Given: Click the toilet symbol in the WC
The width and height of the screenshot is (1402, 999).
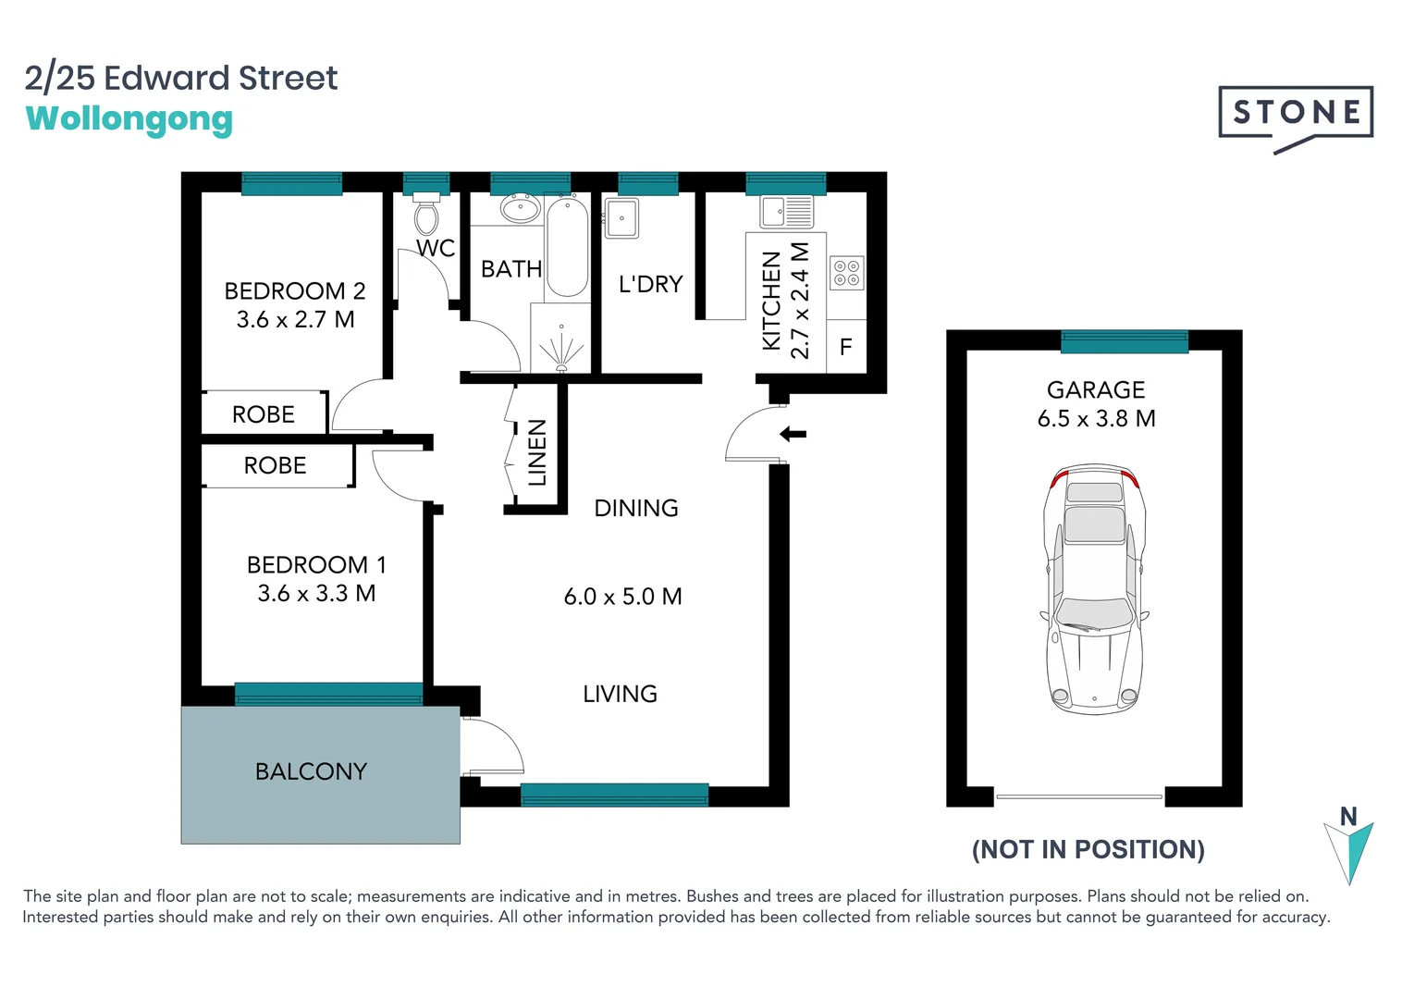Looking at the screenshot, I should [x=426, y=215].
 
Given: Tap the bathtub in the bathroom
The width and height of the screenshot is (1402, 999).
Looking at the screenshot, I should [x=566, y=246].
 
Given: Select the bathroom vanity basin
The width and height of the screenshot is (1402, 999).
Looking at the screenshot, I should [x=520, y=208].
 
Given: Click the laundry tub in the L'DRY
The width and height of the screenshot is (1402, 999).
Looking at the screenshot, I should [x=621, y=219].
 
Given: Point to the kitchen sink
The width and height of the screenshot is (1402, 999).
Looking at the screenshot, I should [x=786, y=212].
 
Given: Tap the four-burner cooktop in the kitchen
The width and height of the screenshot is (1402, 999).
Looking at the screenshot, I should [x=846, y=273].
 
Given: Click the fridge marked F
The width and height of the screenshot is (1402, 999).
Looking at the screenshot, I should [x=845, y=348].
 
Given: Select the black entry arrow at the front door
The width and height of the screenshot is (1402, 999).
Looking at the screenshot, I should [x=793, y=434].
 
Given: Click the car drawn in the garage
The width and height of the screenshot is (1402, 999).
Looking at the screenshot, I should [x=1094, y=589].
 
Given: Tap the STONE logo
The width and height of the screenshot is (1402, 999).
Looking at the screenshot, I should [x=1296, y=116].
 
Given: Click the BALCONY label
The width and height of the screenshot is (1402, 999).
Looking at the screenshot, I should [x=311, y=771].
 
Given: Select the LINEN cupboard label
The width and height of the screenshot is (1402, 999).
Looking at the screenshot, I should [x=536, y=452].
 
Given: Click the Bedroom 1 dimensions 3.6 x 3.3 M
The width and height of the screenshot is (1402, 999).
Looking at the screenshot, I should [x=316, y=594].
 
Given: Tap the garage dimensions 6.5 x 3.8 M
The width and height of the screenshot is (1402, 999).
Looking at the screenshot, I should [x=1096, y=419].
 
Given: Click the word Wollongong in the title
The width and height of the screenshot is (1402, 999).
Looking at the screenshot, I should [x=129, y=119].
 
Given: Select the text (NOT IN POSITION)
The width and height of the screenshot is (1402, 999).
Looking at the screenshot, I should [x=1088, y=849].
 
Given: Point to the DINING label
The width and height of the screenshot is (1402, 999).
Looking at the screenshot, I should [x=635, y=508].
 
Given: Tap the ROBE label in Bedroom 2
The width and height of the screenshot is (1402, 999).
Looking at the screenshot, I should [x=264, y=414].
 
